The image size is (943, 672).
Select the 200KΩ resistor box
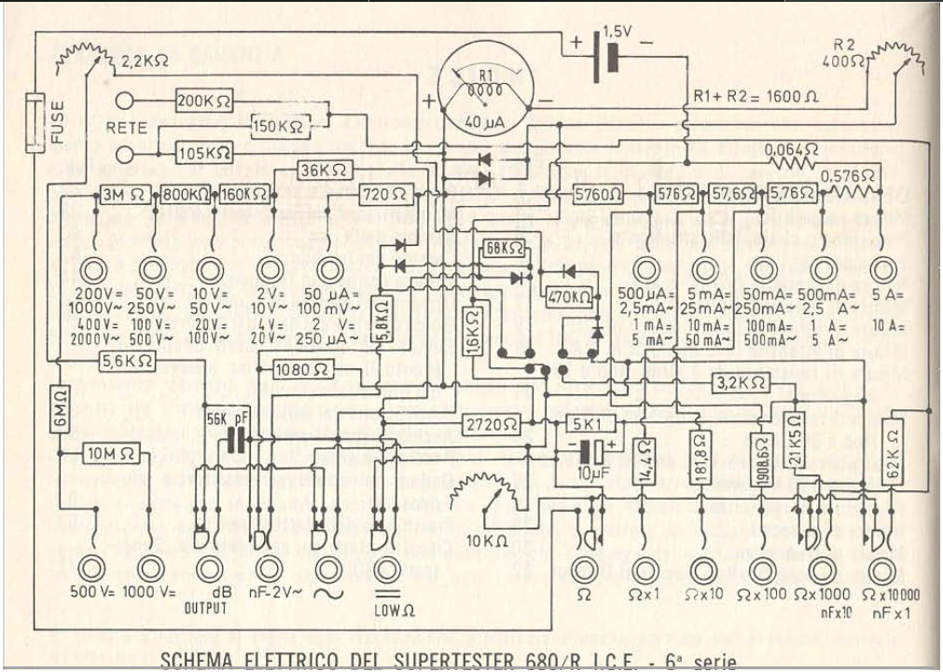[x=203, y=101]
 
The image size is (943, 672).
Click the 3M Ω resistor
[x=121, y=195]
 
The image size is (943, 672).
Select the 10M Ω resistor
[x=113, y=454]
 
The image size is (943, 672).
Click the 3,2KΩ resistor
[x=742, y=382]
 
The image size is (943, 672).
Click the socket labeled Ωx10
[x=702, y=567]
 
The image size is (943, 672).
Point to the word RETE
[x=127, y=126]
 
